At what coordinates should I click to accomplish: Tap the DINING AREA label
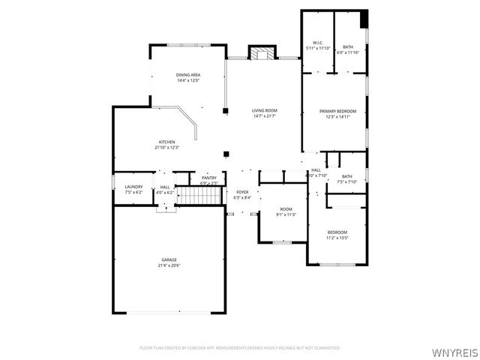click(187, 75)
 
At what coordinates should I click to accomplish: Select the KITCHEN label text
click(166, 142)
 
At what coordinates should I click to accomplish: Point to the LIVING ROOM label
click(265, 110)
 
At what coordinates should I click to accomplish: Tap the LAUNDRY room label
click(133, 187)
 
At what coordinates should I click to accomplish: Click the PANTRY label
click(209, 178)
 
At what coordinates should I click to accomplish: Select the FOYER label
click(242, 192)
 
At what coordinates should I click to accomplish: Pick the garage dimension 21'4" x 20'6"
click(169, 265)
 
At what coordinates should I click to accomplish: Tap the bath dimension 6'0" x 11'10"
click(348, 52)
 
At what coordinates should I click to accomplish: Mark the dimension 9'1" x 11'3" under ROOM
click(286, 214)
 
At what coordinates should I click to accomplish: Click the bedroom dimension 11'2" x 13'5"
click(337, 238)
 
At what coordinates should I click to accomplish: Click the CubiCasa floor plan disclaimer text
click(240, 348)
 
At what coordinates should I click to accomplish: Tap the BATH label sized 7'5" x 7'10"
click(346, 176)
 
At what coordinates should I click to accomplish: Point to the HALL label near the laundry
click(165, 187)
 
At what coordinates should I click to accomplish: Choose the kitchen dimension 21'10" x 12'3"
click(166, 148)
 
